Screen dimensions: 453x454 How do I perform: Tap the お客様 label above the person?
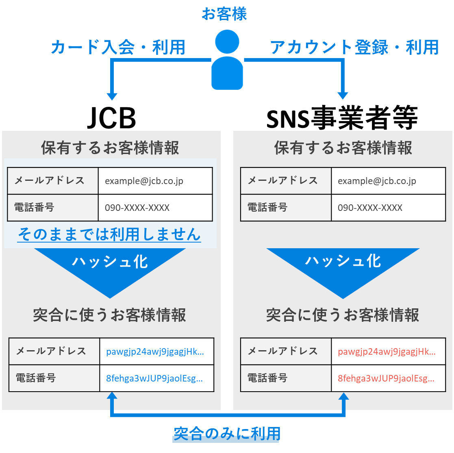(224, 14)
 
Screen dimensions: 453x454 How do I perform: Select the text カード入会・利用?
(118, 48)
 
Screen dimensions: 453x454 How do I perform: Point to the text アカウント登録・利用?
(354, 48)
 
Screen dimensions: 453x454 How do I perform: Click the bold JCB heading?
(112, 118)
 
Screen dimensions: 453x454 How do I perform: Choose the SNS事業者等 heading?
(342, 118)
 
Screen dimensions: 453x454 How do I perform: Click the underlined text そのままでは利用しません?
(109, 234)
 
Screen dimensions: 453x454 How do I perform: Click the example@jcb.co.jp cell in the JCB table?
(155, 181)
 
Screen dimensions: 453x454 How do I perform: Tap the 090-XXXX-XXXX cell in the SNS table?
(388, 208)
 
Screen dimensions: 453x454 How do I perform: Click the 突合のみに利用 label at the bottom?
(227, 433)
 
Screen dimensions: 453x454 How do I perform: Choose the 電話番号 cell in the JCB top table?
(53, 208)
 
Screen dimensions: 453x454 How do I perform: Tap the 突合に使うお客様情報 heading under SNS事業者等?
(343, 315)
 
